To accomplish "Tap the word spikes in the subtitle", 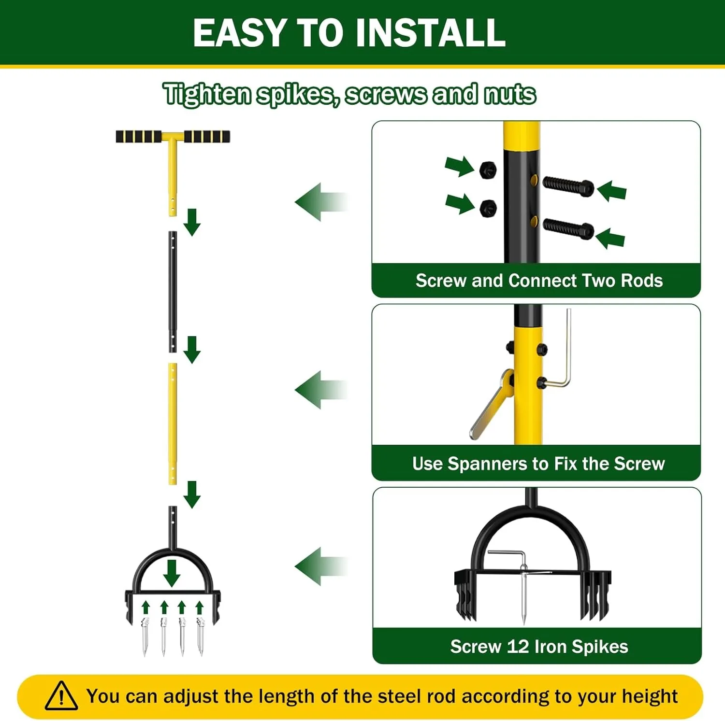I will [294, 94].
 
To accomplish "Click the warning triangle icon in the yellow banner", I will [61, 696].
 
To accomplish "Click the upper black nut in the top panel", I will [488, 170].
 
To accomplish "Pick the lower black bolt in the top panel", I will [568, 228].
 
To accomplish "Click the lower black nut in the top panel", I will [488, 208].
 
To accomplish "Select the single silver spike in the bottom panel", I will [524, 596].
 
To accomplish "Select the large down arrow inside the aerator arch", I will [172, 573].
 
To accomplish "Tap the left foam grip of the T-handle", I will [138, 137].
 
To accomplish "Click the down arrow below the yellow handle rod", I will [192, 222].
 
